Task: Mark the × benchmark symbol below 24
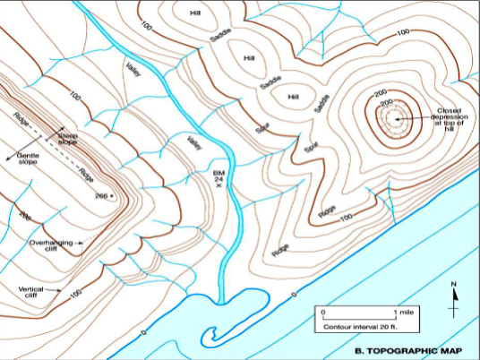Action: coord(218,186)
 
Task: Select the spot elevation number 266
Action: coord(100,195)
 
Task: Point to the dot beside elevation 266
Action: coord(113,195)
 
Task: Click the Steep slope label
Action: coord(68,139)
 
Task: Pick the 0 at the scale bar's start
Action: coord(321,313)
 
